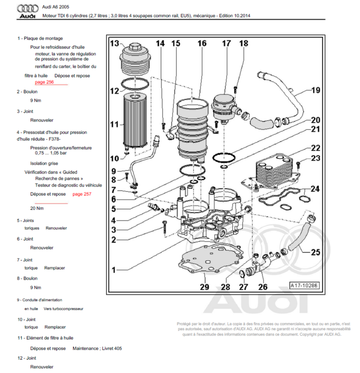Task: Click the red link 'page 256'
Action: click(x=44, y=82)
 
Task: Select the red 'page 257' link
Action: click(x=82, y=193)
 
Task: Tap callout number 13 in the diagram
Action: click(x=115, y=44)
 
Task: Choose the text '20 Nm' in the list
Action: click(x=37, y=208)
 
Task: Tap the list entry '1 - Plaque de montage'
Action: click(x=40, y=38)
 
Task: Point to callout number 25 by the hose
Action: click(x=315, y=252)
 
